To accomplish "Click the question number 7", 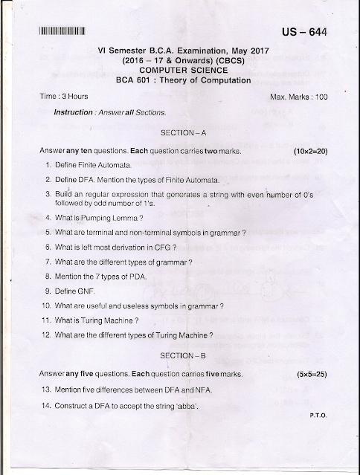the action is [48, 262].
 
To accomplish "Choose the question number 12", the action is [45, 335].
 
